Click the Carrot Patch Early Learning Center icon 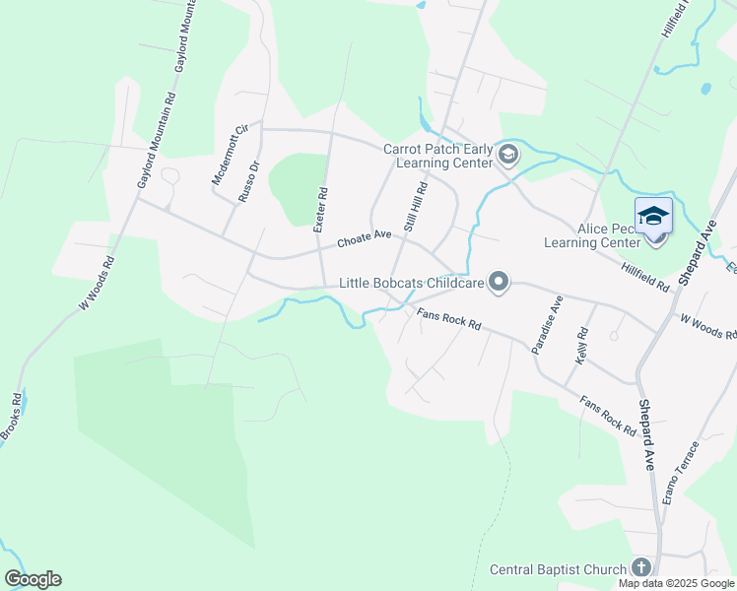click(508, 154)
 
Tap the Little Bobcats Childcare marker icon click(499, 284)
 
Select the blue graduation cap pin click(653, 215)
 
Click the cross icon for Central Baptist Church click(641, 567)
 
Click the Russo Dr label click(247, 182)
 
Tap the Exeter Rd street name click(319, 210)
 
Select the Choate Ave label click(365, 237)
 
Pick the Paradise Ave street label click(546, 324)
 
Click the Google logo click(33, 579)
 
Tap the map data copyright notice click(675, 583)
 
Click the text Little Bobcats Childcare click(411, 283)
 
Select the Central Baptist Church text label click(558, 569)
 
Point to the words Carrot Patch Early click(437, 149)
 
